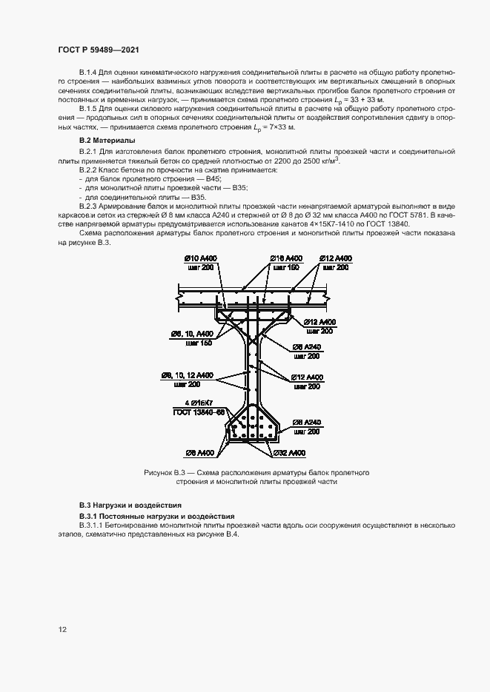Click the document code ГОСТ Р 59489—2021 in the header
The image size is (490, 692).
coord(98,49)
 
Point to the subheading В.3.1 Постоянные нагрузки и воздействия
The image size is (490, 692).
coord(156,515)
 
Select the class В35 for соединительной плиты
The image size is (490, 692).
coord(198,198)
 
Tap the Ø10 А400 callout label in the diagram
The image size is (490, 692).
coord(200,258)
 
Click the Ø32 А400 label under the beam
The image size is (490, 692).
coord(288,453)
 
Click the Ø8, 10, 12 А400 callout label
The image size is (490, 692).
coord(188,375)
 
